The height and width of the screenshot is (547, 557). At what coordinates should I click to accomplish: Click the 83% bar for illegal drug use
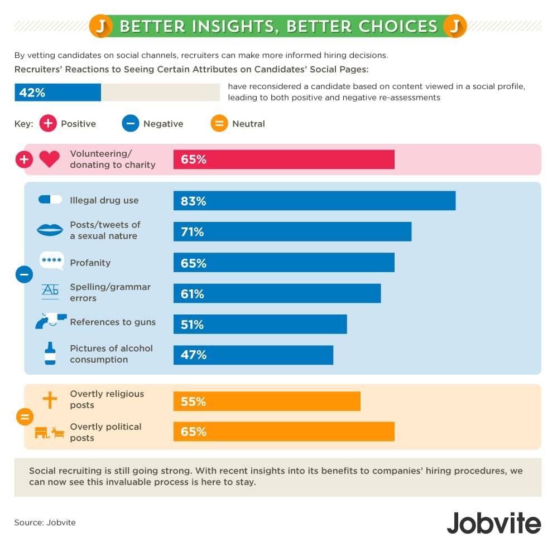coord(314,201)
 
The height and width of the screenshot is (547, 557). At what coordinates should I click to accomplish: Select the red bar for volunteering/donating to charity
coord(284,159)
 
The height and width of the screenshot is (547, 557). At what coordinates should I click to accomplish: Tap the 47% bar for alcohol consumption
coord(253,355)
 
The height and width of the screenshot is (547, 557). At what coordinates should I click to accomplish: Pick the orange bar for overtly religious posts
coord(267,401)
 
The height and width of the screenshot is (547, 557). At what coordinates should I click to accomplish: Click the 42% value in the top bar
coord(32,93)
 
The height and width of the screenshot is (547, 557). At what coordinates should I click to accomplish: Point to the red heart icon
coord(49,159)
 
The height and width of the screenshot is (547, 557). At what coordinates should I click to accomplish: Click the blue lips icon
coord(50,230)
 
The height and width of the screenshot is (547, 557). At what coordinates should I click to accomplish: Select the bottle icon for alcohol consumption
coord(50,354)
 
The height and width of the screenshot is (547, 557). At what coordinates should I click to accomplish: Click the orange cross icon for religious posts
coord(50,400)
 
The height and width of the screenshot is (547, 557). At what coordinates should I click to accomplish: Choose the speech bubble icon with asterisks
coord(51,261)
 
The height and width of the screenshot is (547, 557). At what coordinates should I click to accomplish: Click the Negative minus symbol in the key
coord(130,124)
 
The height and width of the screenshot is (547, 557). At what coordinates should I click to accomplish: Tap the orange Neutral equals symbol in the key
coord(219,124)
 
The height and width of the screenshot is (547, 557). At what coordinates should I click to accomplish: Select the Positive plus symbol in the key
coord(48,124)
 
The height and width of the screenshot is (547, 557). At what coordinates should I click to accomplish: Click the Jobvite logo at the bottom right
coord(493,523)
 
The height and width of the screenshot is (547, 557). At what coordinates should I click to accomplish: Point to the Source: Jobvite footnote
coord(45,522)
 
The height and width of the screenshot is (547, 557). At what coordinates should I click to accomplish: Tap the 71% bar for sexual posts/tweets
coord(292,231)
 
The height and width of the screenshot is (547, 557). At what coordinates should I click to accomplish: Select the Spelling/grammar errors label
coord(110,292)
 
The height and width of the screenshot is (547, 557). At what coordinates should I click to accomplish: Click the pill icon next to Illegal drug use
coord(50,200)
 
